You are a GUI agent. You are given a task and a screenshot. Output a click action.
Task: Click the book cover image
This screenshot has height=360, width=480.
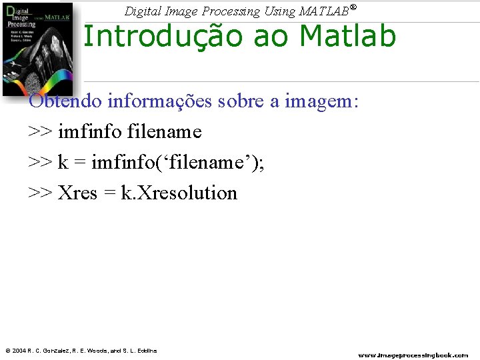[x=37, y=50]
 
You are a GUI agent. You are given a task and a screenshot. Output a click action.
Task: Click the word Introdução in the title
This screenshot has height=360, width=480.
[x=159, y=36]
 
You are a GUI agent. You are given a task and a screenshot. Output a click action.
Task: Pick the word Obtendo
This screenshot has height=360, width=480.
[x=65, y=101]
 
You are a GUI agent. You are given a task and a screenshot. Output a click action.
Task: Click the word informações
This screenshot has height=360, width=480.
[x=158, y=101]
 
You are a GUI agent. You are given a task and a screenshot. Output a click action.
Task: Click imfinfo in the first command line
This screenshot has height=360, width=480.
[x=90, y=132]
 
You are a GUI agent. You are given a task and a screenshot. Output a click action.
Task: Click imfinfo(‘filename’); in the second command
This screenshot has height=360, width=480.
[x=177, y=163]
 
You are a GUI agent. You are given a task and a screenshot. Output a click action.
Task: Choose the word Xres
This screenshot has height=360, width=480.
[x=77, y=193]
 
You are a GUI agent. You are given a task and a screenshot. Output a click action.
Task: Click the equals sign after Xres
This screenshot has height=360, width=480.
[x=109, y=193]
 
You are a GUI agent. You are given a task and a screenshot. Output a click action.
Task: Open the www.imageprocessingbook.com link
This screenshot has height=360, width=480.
[x=413, y=355]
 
